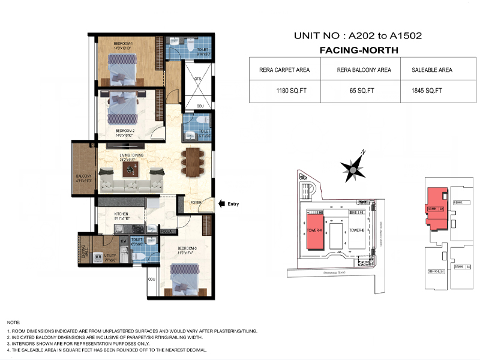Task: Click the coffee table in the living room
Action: pos(130,170)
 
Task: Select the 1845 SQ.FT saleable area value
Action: pos(427,91)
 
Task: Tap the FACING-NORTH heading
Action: pos(357,50)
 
